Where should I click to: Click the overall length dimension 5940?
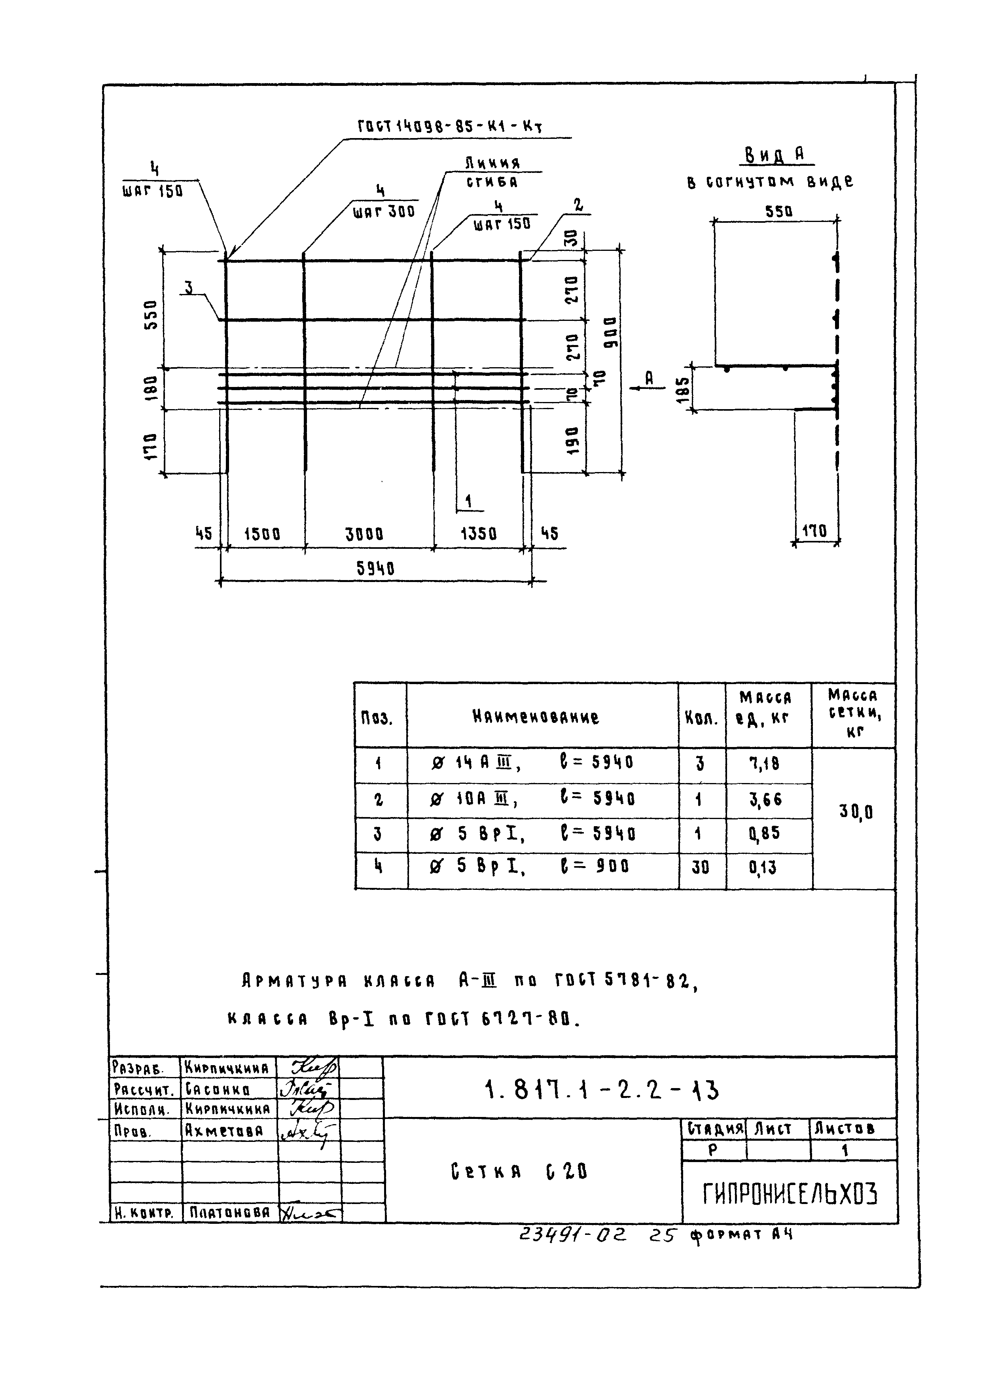coord(375,568)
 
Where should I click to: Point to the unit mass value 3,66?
coord(765,799)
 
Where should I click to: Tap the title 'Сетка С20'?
coord(519,1172)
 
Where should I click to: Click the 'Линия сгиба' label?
coord(492,172)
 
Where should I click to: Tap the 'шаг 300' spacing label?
coord(384,211)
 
